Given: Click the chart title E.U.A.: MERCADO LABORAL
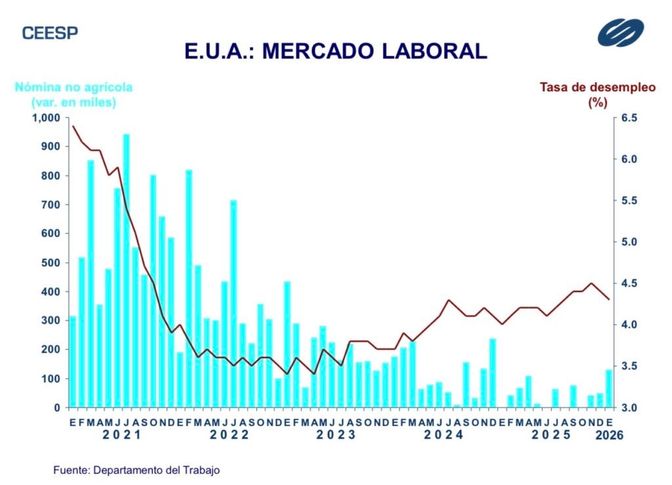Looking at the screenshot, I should pyautogui.click(x=336, y=51).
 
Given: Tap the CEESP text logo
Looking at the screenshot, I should pyautogui.click(x=50, y=33).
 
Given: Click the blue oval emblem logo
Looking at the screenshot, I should pyautogui.click(x=620, y=33).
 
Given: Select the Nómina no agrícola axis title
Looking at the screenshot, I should pyautogui.click(x=73, y=95).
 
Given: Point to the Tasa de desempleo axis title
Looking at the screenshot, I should pyautogui.click(x=597, y=95).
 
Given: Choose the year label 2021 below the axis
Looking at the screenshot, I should pyautogui.click(x=123, y=434).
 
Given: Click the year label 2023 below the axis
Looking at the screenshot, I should pyautogui.click(x=336, y=434).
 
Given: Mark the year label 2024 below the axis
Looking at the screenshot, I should pyautogui.click(x=444, y=434).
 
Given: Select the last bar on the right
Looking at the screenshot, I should pyautogui.click(x=608, y=389).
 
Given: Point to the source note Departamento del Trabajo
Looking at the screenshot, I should pyautogui.click(x=136, y=470).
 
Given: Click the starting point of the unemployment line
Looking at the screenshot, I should pyautogui.click(x=73, y=126).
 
